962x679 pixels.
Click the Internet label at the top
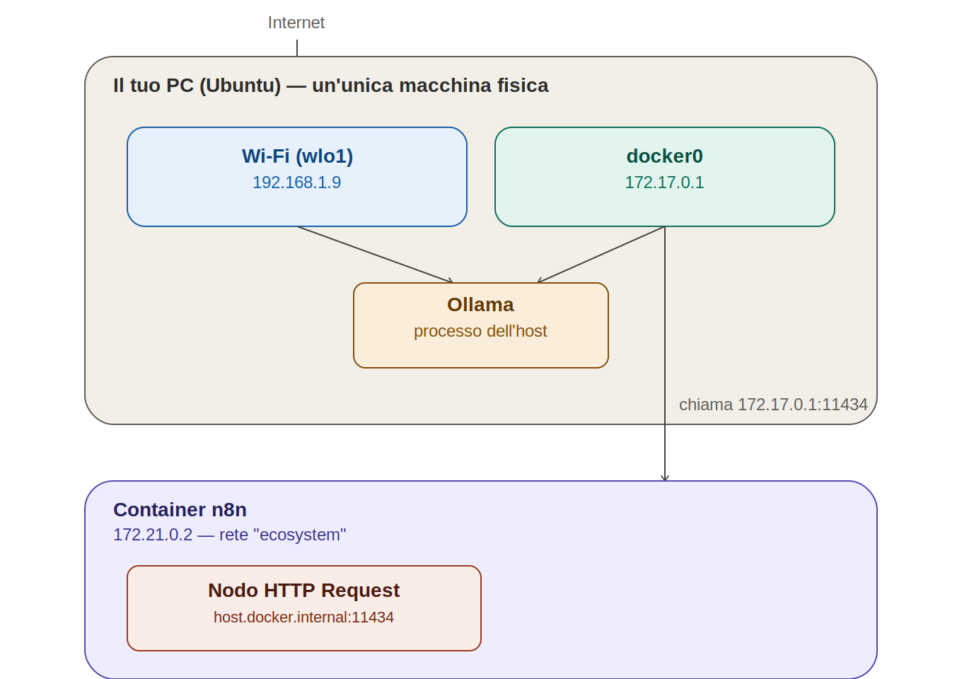(296, 23)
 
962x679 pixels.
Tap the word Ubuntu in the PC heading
(240, 86)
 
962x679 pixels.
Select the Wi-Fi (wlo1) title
(297, 156)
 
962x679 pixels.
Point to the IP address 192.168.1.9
(297, 182)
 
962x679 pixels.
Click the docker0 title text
(664, 156)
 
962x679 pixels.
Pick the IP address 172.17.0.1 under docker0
(664, 182)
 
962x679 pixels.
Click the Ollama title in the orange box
(480, 305)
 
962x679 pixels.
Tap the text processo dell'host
(480, 331)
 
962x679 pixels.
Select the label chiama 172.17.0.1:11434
(773, 405)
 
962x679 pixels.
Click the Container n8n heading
(180, 510)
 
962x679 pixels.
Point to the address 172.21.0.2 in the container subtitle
(153, 535)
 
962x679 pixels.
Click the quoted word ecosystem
(300, 535)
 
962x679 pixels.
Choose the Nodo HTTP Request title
(303, 591)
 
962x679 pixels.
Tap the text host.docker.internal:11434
(303, 617)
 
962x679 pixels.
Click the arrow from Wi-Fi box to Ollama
(375, 254)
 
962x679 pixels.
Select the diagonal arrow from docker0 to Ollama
(601, 254)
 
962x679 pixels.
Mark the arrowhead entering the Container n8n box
(665, 478)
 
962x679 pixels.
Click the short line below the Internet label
(297, 48)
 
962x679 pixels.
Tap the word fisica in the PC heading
(523, 86)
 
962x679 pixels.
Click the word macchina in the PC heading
(444, 86)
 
